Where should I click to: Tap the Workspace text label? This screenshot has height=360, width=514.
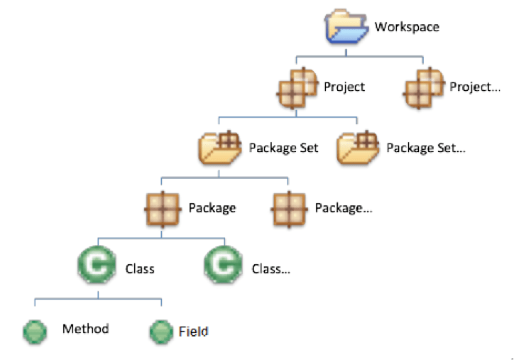(407, 27)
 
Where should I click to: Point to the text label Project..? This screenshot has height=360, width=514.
(344, 87)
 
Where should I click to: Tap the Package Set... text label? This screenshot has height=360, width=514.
(426, 148)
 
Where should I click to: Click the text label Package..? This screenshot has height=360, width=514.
(212, 209)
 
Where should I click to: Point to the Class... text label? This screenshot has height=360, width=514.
(271, 269)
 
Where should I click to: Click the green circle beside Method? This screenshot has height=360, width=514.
(35, 331)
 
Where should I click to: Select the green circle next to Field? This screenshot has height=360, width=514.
(161, 331)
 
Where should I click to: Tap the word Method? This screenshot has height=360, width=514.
(86, 329)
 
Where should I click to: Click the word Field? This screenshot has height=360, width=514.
(193, 331)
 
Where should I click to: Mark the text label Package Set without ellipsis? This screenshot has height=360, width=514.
(283, 148)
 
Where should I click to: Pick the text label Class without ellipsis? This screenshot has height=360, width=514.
(140, 269)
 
